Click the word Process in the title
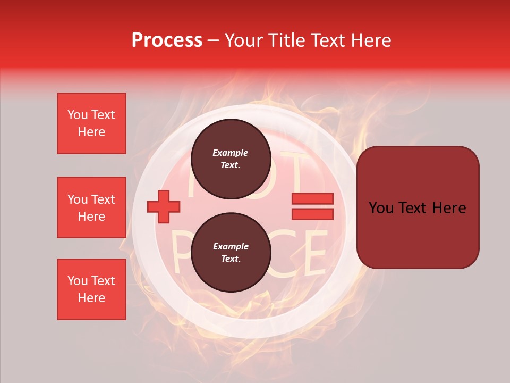(x=167, y=40)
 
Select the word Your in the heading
(x=244, y=40)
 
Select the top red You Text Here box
(x=91, y=123)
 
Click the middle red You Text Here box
(x=91, y=207)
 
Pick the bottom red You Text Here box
(x=91, y=289)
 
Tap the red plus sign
(x=164, y=206)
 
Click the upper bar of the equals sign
(x=312, y=198)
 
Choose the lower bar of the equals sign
(x=312, y=214)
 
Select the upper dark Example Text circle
(x=231, y=159)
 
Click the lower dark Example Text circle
(x=231, y=253)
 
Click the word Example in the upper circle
(x=231, y=153)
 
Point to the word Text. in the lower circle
(x=231, y=259)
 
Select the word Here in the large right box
(x=449, y=208)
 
